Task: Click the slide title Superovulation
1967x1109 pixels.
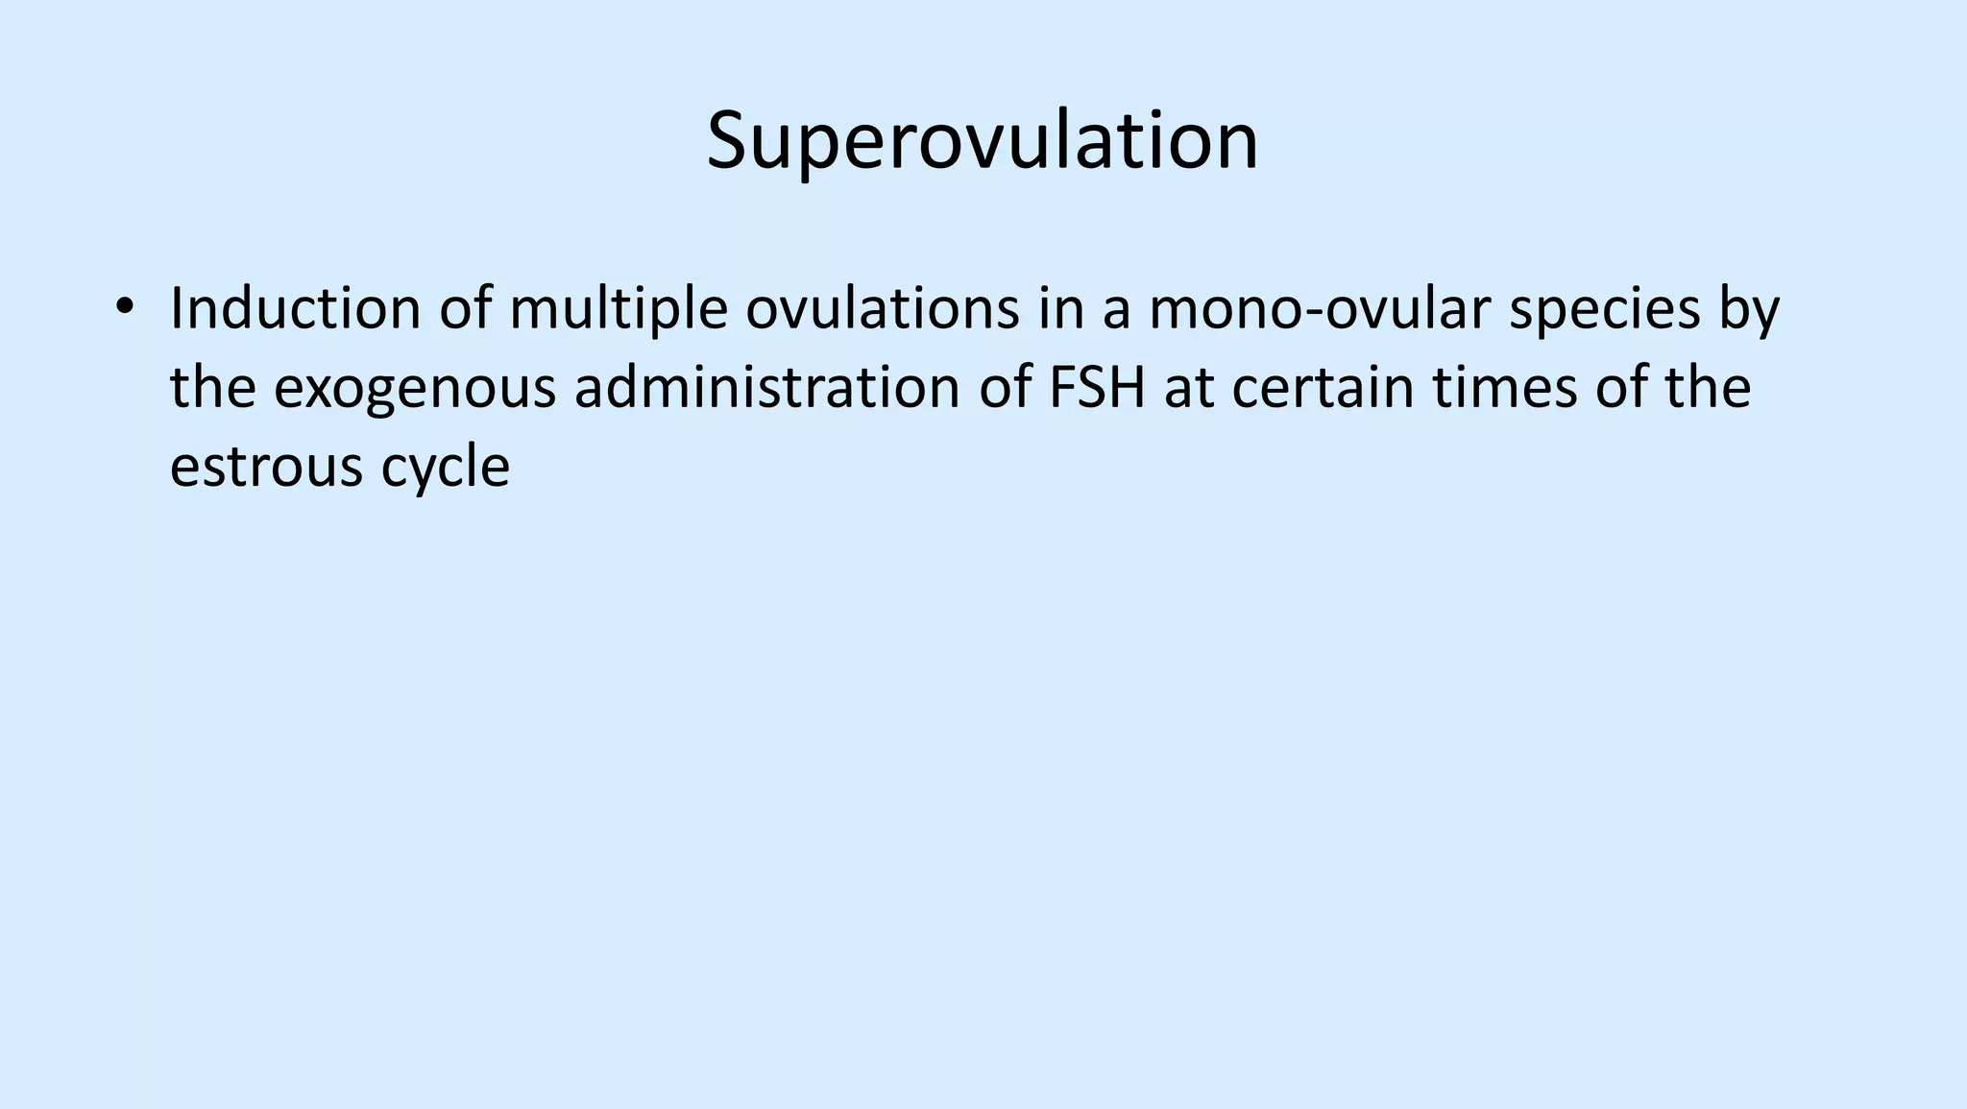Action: coord(982,141)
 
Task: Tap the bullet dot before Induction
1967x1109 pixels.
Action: coord(123,309)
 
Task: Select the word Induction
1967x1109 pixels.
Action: coord(296,309)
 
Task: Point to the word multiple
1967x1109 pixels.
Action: coord(619,309)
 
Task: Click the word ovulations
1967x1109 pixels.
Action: coord(882,309)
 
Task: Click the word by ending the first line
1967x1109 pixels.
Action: coord(1749,311)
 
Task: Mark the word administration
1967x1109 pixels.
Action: coord(766,388)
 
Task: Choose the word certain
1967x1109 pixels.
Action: coord(1323,388)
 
